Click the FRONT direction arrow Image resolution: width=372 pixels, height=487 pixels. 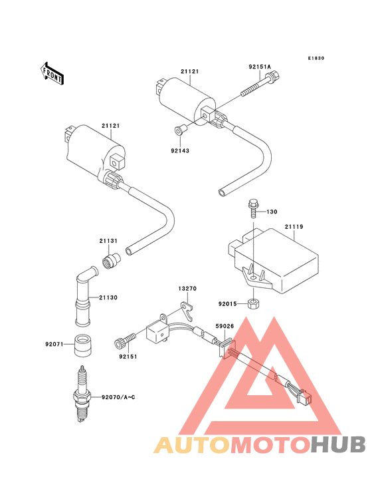click(52, 74)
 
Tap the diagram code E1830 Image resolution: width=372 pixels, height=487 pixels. click(316, 58)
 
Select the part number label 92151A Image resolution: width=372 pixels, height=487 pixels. click(260, 67)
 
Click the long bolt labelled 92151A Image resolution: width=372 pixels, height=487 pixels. click(260, 84)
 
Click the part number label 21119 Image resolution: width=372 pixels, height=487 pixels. click(294, 227)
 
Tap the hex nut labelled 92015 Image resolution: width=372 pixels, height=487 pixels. click(253, 303)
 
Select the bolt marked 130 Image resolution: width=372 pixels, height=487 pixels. click(252, 209)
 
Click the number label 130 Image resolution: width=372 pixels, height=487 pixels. click(272, 212)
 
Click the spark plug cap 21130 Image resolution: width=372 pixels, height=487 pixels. click(84, 295)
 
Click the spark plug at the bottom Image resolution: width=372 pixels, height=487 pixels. click(82, 394)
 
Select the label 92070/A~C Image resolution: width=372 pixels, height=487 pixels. click(118, 397)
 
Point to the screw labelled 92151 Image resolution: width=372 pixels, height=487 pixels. click(126, 339)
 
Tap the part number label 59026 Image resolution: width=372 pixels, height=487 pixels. click(225, 326)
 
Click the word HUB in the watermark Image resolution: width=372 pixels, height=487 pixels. click(338, 445)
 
